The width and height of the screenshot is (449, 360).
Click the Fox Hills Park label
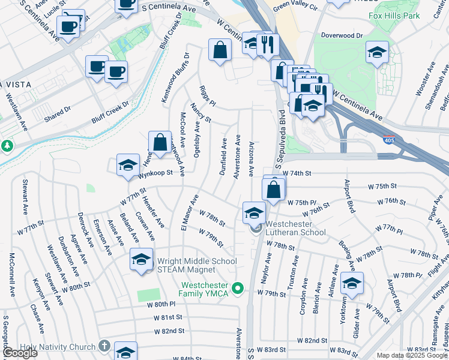394,16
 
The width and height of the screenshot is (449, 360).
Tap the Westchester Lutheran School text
300,227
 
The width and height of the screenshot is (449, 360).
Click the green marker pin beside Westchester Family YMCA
238,289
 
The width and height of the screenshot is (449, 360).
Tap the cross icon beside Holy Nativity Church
104,346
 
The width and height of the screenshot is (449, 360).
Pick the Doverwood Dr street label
342,36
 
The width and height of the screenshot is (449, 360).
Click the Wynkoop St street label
155,172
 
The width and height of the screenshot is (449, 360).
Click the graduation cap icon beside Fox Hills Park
377,53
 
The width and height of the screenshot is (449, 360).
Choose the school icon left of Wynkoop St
128,166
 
